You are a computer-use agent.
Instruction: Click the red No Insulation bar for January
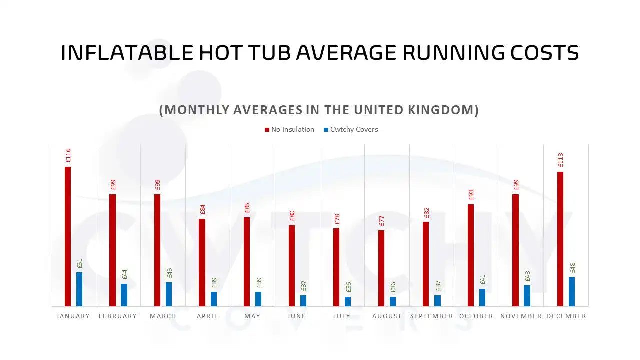pos(68,236)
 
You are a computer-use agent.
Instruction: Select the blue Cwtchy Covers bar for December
pos(572,292)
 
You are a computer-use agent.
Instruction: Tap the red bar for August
pos(381,268)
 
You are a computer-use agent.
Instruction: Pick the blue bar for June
pos(303,301)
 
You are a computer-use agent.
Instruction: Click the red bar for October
pos(471,255)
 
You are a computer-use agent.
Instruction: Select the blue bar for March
pos(169,294)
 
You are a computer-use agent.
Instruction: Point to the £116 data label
pos(68,156)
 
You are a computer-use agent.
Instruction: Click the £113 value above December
pos(560,161)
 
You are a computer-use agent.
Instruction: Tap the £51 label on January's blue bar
pos(80,263)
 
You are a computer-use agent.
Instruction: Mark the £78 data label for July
pos(336,219)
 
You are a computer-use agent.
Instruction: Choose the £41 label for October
pos(482,280)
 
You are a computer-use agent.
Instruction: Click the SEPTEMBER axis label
pos(432,316)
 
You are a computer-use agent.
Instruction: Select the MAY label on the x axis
pos(252,316)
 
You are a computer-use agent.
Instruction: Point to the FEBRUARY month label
pos(118,316)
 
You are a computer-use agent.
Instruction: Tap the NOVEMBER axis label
pos(521,316)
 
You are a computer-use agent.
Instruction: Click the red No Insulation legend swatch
pos(267,130)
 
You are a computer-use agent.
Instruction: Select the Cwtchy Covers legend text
pos(354,130)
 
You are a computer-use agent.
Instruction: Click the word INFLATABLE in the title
pos(127,53)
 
